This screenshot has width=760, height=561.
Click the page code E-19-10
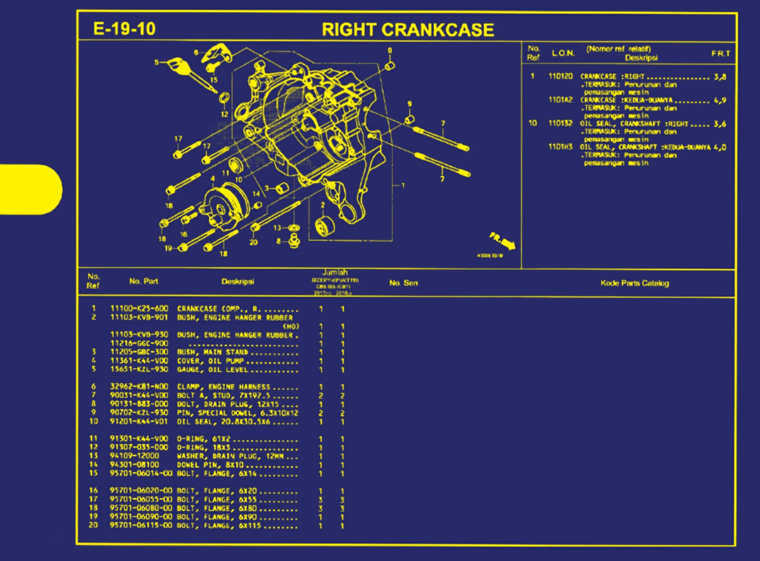click(x=124, y=29)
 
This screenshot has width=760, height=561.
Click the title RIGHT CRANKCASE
click(x=407, y=30)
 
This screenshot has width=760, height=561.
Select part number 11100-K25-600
click(x=139, y=309)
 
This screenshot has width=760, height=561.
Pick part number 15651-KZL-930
click(x=139, y=369)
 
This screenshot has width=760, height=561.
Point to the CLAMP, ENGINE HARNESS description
click(x=223, y=387)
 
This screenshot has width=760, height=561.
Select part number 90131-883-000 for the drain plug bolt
click(x=139, y=404)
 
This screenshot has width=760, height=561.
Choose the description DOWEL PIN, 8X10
click(x=210, y=465)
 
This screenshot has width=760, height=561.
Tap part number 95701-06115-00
click(x=141, y=525)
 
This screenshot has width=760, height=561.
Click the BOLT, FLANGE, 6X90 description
click(x=217, y=517)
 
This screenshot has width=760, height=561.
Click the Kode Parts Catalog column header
click(x=634, y=283)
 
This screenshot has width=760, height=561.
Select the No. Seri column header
click(x=403, y=283)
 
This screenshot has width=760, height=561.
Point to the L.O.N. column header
click(x=563, y=53)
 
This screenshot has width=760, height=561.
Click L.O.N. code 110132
click(x=560, y=123)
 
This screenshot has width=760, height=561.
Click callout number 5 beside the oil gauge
click(x=156, y=62)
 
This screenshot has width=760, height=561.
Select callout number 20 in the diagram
click(x=253, y=242)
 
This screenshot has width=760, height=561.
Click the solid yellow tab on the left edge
click(x=30, y=190)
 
